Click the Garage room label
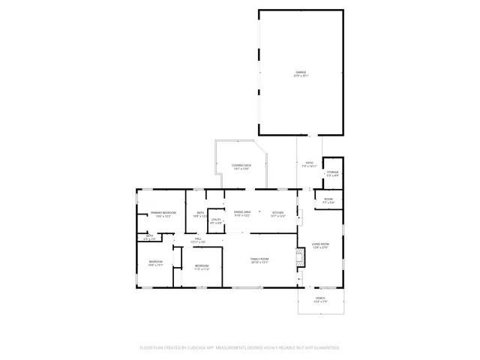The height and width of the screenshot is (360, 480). coord(300,73)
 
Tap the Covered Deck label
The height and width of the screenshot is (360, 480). coord(241,166)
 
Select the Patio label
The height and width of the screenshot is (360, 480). coord(309,164)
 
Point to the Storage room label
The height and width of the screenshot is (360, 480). coord(331,173)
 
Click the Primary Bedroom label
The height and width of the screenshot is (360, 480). coord(163,214)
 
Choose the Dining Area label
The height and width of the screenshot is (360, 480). coord(242,214)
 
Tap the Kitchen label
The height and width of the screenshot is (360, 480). coord(277,214)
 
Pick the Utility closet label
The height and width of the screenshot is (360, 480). coord(216,220)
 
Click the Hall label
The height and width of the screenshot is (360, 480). coord(197,240)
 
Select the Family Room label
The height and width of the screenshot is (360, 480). coord(259,260)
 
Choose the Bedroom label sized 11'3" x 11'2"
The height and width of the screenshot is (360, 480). coord(202,267)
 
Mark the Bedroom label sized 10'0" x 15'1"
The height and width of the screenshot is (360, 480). coord(155,262)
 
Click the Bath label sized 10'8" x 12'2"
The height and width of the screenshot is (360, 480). coord(200,214)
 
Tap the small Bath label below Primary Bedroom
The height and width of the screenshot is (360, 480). coord(150,236)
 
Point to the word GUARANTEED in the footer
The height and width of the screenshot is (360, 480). coord(324,348)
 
